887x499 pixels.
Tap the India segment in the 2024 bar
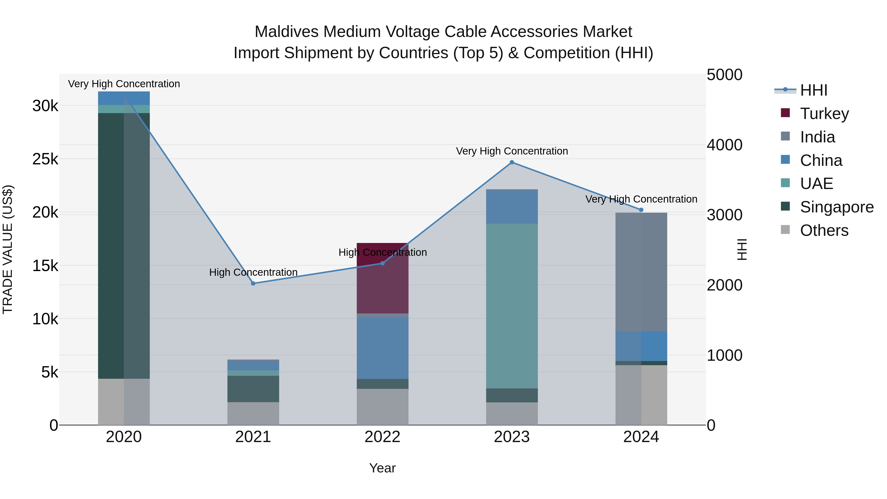(641, 272)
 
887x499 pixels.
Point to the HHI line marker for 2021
(253, 283)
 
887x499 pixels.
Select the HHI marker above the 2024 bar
(641, 210)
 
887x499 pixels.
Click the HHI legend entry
(813, 90)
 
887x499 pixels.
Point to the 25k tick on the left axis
(45, 159)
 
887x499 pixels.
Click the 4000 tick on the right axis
(724, 145)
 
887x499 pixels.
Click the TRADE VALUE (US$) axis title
(8, 249)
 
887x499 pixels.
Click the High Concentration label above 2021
(253, 272)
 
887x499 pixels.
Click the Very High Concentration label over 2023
(512, 151)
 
